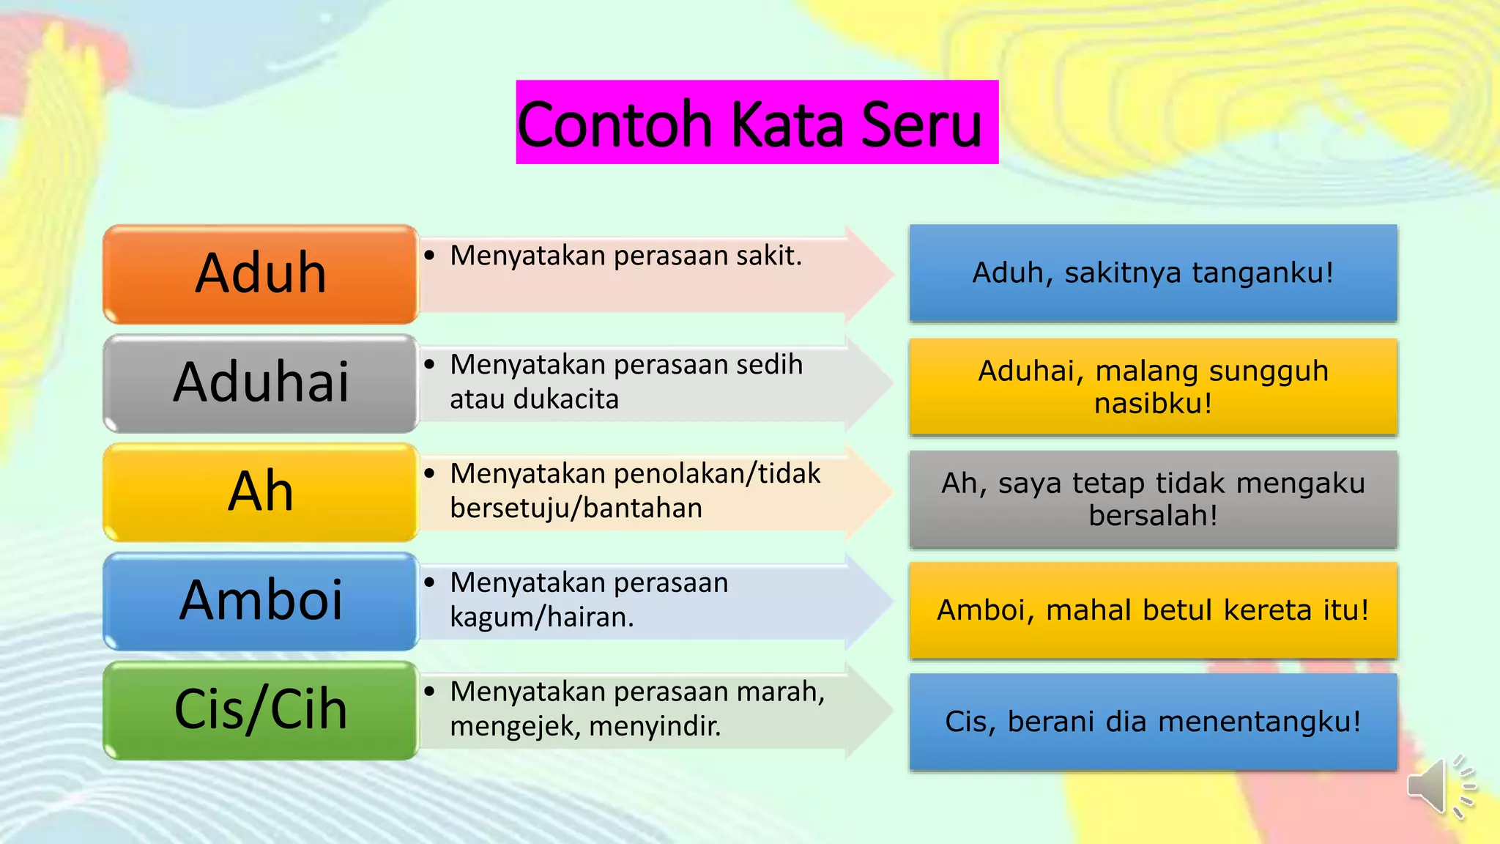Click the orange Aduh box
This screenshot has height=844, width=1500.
260,274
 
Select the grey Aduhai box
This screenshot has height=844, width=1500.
260,383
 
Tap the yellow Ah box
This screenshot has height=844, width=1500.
260,492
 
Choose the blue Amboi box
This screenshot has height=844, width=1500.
260,601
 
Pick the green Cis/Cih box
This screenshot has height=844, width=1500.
260,710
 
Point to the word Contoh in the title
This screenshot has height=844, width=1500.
615,125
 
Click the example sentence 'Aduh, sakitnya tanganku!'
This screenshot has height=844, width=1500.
1153,273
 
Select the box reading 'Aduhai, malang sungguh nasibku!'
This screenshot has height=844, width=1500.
1153,387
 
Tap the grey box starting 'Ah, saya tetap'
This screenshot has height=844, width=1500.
1153,499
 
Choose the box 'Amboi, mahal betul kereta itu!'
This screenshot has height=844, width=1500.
1153,610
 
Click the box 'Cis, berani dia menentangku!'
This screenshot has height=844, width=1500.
1153,722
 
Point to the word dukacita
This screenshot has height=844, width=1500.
565,399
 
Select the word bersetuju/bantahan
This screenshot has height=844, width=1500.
576,508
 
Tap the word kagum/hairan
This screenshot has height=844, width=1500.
541,618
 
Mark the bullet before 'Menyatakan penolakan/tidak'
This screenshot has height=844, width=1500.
430,473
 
